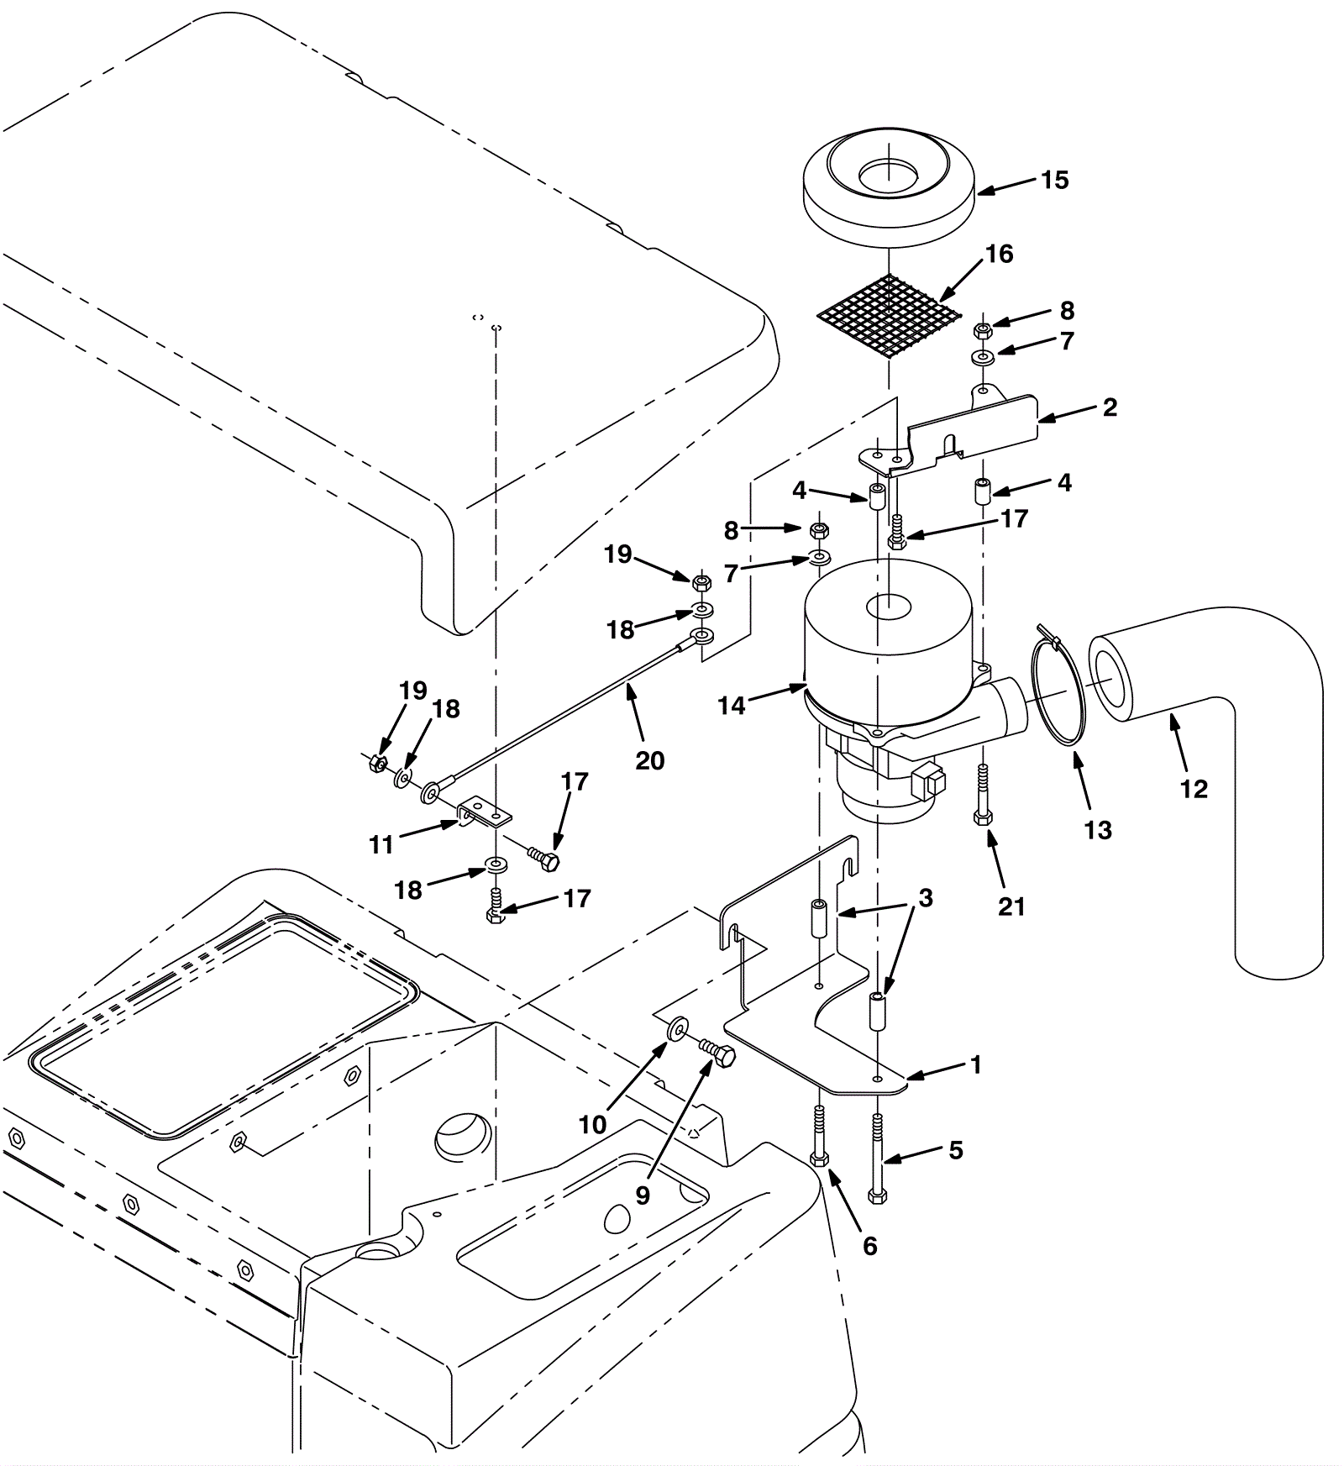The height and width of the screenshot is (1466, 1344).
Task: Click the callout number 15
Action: click(x=1054, y=180)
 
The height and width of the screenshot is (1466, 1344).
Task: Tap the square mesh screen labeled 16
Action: click(x=889, y=314)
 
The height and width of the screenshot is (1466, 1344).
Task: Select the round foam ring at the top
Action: click(x=889, y=188)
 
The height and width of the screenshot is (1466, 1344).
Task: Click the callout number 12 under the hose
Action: click(x=1193, y=789)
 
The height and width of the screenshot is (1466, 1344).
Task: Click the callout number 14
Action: click(x=731, y=706)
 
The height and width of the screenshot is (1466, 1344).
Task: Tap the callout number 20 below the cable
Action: click(x=650, y=760)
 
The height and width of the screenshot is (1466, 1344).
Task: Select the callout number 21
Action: click(x=1011, y=906)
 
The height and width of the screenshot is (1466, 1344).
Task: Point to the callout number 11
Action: click(x=381, y=845)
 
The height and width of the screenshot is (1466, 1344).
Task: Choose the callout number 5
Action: click(x=956, y=1150)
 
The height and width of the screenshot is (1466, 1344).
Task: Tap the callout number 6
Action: click(x=870, y=1246)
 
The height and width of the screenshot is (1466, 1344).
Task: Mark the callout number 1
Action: click(x=975, y=1065)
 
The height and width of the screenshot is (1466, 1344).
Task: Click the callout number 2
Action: click(x=1110, y=407)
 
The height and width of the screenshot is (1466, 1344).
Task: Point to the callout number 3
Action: click(x=926, y=898)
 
